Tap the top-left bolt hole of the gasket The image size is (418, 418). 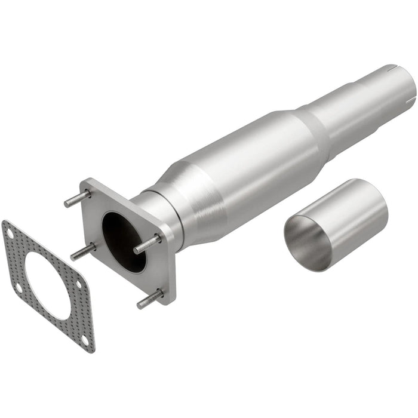click(9, 228)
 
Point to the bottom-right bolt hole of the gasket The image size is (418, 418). click(85, 339)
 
